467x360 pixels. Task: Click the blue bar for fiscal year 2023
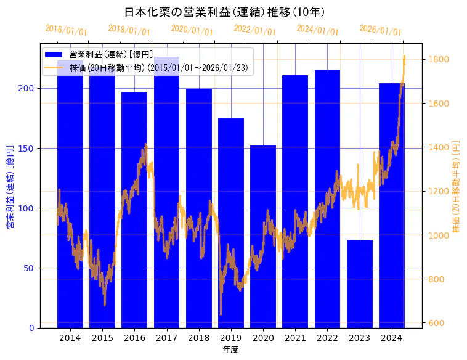click(x=360, y=284)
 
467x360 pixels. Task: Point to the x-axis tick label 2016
click(x=134, y=338)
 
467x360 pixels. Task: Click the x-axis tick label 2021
click(x=295, y=338)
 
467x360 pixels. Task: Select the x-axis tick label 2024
click(x=392, y=338)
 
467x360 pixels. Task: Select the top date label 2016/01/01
click(x=67, y=30)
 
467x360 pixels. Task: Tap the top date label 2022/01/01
click(x=255, y=30)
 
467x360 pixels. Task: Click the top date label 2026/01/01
click(x=380, y=30)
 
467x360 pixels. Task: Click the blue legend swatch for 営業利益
click(x=54, y=55)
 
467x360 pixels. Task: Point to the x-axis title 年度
click(x=230, y=350)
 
